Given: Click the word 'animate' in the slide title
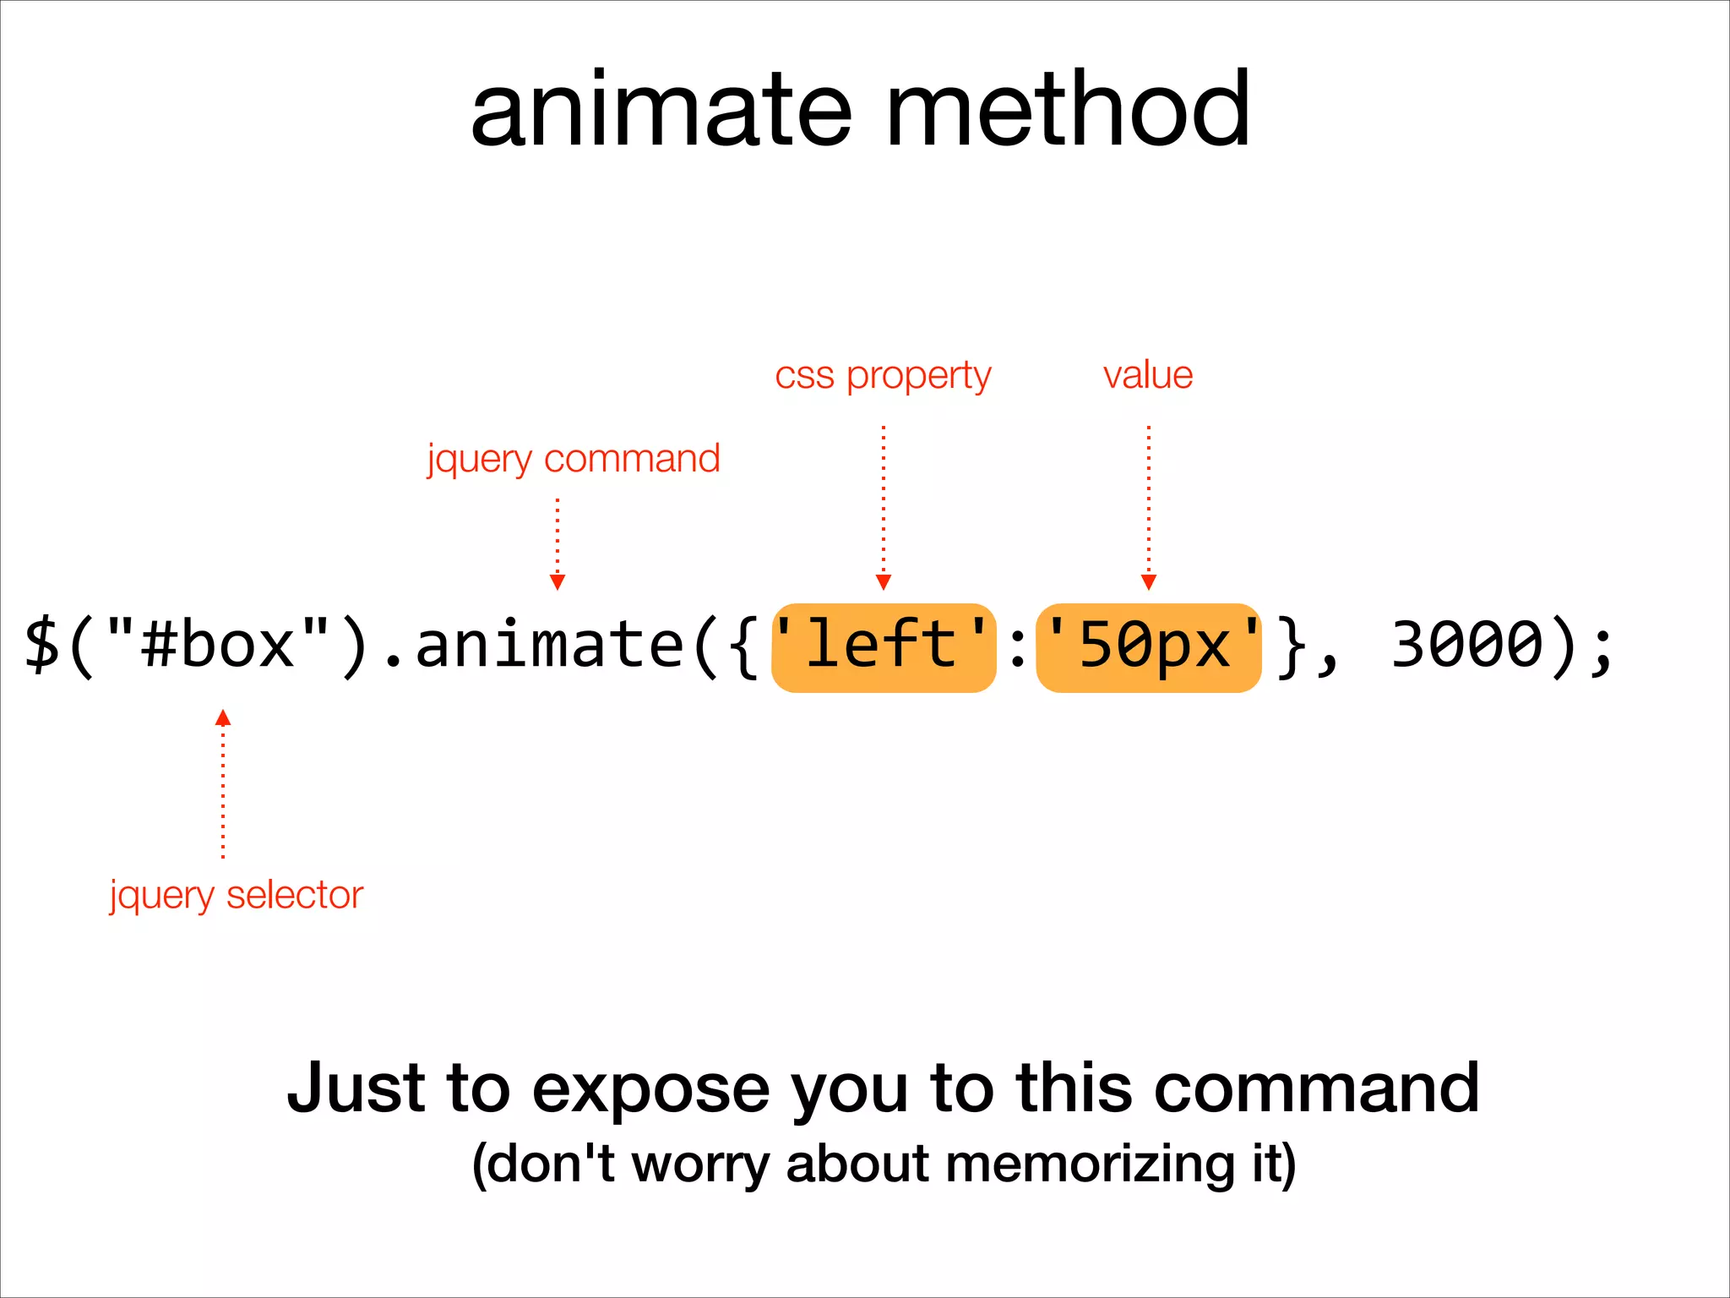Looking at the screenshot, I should point(661,111).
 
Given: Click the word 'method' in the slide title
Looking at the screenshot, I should point(1068,111).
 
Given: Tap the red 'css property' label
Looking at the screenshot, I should point(883,375).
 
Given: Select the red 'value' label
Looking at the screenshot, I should point(1148,374).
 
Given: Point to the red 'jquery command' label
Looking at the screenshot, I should point(574,459).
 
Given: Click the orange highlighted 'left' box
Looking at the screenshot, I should point(884,647).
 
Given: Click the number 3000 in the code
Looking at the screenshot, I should point(1467,646).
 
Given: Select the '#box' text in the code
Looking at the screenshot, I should point(219,646).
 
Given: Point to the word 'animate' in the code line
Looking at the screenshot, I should point(549,646).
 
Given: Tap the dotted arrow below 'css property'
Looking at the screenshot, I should point(884,507).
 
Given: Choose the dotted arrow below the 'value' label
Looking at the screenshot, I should point(1149,507).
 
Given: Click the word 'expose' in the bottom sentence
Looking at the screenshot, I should point(650,1088).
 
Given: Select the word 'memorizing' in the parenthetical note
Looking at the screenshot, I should point(1091,1164).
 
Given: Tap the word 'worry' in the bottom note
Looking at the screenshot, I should point(700,1164).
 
